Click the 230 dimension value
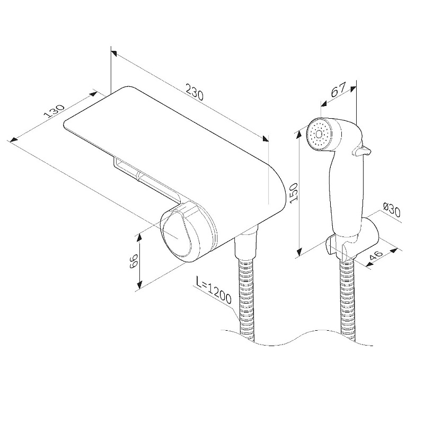pos(195,92)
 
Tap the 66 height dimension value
pos(134,261)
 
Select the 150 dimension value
pos(293,192)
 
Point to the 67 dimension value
pos(338,90)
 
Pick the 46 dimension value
pos(376,255)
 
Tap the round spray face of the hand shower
pos(320,134)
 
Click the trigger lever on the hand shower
pos(361,151)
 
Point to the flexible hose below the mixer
pos(246,299)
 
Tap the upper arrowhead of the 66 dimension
pos(139,237)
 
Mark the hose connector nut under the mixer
pos(245,245)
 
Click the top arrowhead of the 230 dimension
pos(114,53)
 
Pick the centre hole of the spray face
pos(319,134)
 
